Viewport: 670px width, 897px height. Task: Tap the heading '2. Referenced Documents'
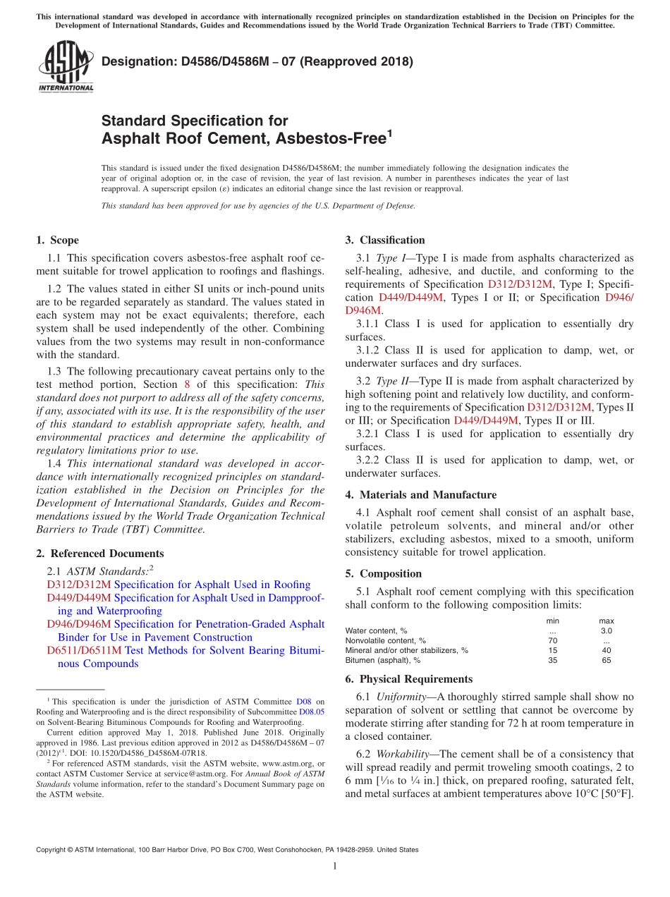[99, 554]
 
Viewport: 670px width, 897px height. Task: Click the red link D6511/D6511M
[84, 650]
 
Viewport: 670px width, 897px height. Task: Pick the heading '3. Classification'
[385, 240]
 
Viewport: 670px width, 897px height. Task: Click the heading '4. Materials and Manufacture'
[420, 495]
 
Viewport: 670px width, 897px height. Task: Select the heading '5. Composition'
[383, 574]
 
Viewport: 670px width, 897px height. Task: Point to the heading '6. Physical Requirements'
[408, 679]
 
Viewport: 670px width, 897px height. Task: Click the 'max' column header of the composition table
[606, 621]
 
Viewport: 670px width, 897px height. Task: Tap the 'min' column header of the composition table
[553, 621]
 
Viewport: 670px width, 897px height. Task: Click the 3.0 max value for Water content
[606, 630]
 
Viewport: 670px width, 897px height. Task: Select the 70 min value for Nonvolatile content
[553, 640]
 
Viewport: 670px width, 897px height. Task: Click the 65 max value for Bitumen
[606, 661]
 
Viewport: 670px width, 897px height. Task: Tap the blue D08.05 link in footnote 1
[312, 712]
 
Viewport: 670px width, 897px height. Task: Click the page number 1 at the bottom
[335, 866]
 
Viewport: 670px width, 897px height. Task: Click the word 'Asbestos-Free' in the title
[329, 139]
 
